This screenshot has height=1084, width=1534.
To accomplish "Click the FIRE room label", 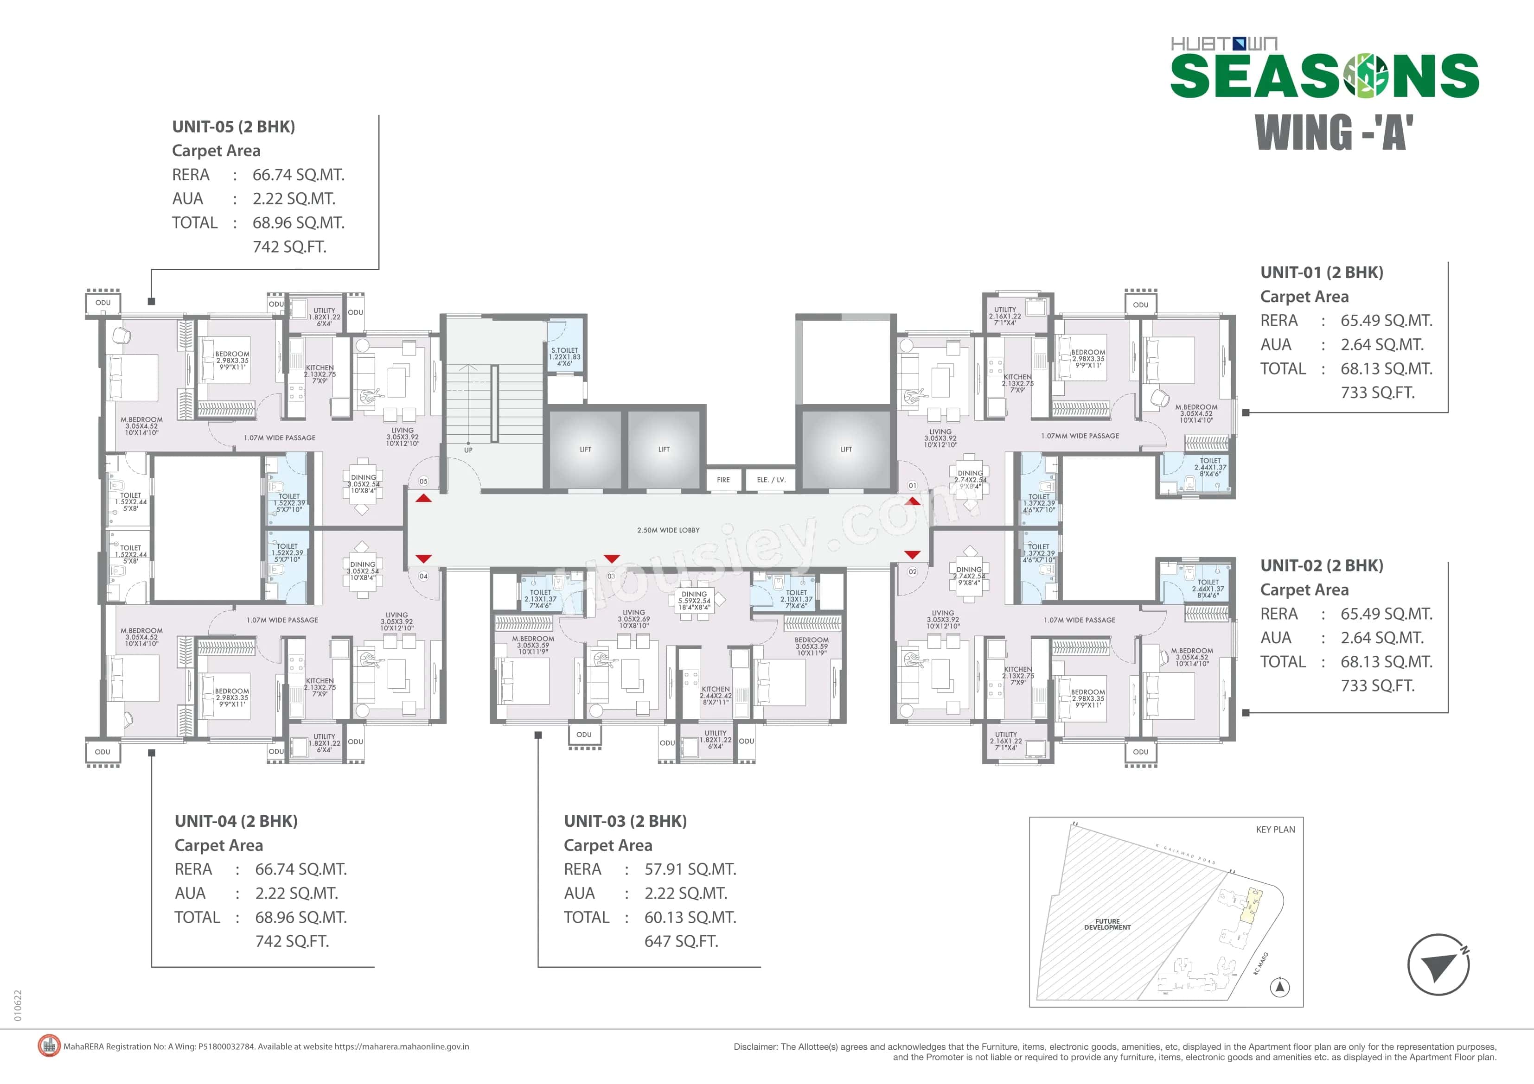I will click(723, 480).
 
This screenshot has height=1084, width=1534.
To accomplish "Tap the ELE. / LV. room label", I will click(770, 480).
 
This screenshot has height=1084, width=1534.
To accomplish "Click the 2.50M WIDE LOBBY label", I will click(668, 530).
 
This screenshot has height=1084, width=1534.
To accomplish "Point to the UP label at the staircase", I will click(468, 450).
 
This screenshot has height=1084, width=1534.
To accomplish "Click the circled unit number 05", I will click(423, 481).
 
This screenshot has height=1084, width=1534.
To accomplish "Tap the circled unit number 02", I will click(913, 572).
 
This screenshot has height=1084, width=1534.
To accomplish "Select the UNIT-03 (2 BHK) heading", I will click(625, 821).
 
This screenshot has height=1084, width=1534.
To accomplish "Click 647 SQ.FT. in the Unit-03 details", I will click(681, 941).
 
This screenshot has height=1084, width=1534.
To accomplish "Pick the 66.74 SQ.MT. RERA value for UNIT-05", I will click(298, 175).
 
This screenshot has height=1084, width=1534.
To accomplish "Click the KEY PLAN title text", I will click(1275, 830).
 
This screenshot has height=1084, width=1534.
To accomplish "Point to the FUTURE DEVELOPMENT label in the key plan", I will click(1107, 925).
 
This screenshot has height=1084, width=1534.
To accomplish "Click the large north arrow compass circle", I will click(1438, 964).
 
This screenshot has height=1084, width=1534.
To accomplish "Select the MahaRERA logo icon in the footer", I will click(49, 1046).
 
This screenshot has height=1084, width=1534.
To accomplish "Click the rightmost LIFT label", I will click(846, 450).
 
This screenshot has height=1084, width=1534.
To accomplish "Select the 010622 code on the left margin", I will click(18, 1005).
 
